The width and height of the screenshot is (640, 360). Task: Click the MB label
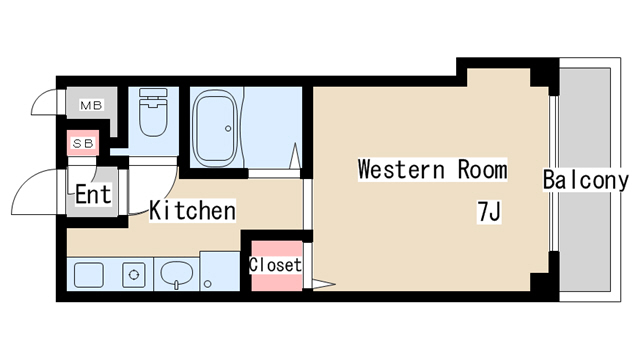pyautogui.click(x=91, y=106)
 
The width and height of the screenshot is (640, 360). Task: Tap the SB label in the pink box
pyautogui.click(x=83, y=143)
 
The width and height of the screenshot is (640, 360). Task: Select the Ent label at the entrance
pyautogui.click(x=93, y=194)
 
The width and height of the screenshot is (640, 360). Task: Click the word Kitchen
pyautogui.click(x=192, y=211)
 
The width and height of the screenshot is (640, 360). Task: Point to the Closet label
pyautogui.click(x=276, y=265)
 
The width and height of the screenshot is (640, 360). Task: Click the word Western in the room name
pyautogui.click(x=401, y=169)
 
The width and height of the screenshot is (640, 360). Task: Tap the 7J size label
pyautogui.click(x=489, y=211)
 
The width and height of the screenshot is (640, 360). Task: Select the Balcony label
pyautogui.click(x=586, y=180)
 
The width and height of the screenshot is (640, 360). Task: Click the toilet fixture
pyautogui.click(x=153, y=112)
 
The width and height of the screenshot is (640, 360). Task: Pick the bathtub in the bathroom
pyautogui.click(x=216, y=127)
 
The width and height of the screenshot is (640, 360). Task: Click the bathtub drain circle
pyautogui.click(x=228, y=129)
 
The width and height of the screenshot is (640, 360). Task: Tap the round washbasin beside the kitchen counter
pyautogui.click(x=177, y=273)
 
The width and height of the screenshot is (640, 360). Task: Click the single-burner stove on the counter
pyautogui.click(x=134, y=275)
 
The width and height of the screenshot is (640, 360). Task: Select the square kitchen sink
pyautogui.click(x=89, y=275)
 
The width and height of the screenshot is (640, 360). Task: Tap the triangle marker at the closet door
pyautogui.click(x=324, y=284)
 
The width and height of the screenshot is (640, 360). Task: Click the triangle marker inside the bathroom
pyautogui.click(x=295, y=156)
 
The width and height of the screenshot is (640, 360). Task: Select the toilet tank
pyautogui.click(x=153, y=92)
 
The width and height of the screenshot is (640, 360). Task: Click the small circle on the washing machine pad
pyautogui.click(x=208, y=284)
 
